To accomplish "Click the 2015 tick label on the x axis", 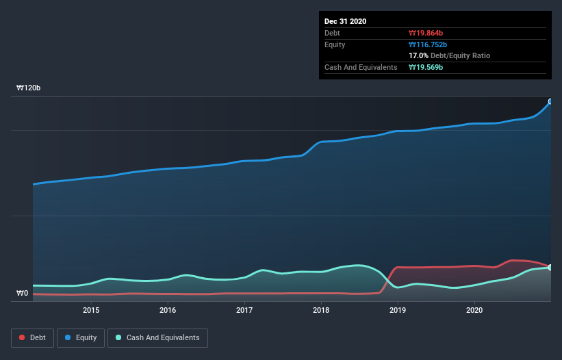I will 91,311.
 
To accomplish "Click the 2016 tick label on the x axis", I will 168,311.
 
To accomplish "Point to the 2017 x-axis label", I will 244,311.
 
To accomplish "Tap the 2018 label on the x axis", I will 321,311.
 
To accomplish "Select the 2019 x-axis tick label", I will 398,311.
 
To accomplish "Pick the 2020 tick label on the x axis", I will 474,311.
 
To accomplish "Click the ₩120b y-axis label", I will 29,88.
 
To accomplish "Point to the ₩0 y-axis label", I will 23,294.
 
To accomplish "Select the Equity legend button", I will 80,338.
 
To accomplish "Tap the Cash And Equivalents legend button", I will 157,338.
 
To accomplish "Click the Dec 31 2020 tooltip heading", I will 345,21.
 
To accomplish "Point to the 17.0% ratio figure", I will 418,55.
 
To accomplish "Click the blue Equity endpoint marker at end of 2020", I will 550,101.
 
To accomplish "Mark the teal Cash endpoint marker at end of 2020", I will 550,268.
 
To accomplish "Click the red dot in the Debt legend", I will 23,338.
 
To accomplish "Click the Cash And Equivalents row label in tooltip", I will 361,67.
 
